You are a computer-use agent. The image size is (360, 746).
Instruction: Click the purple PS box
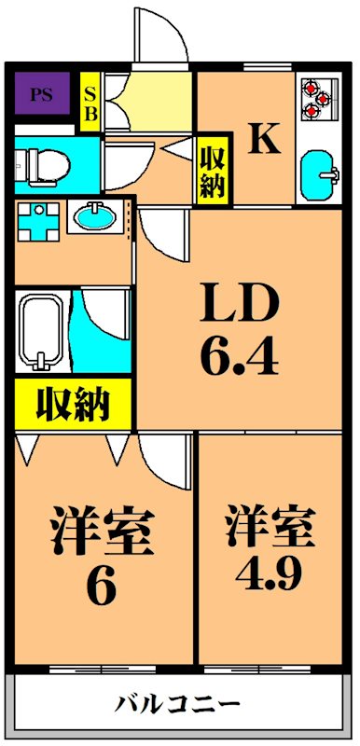41,94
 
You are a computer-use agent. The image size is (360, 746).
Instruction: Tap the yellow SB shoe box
90,103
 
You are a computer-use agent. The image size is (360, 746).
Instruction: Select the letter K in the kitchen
264,140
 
